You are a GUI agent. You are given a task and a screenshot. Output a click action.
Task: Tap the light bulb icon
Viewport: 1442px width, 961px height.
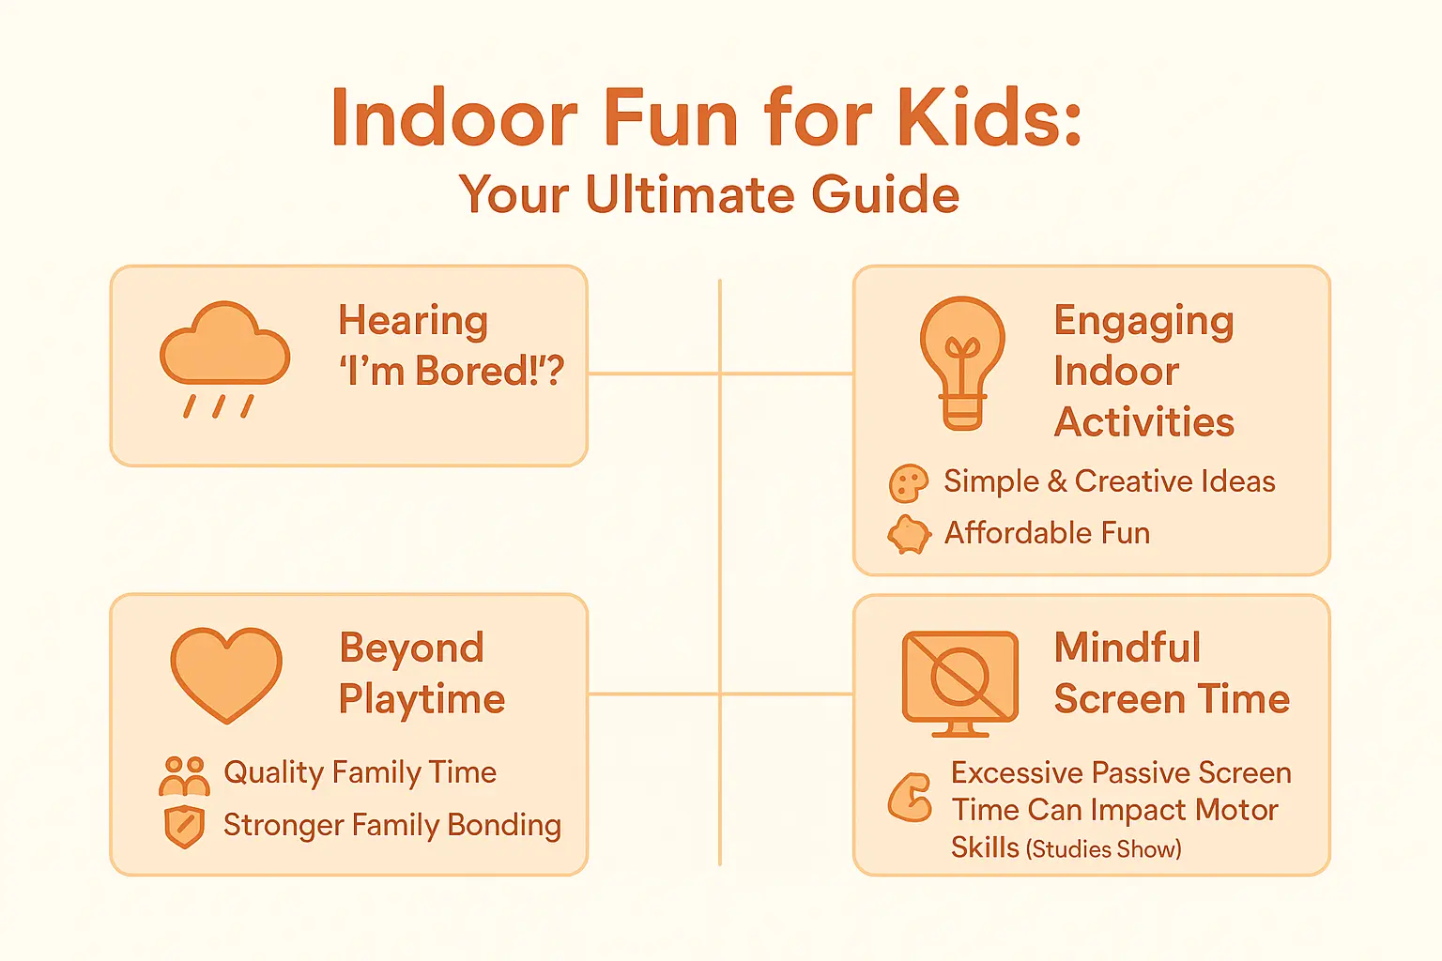[962, 361]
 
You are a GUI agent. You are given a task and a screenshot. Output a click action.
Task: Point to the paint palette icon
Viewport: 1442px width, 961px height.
[908, 483]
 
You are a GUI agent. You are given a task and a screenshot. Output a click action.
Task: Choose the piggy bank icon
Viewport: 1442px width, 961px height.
[909, 534]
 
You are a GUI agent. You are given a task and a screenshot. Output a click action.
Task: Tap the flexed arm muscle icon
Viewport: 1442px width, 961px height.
[910, 798]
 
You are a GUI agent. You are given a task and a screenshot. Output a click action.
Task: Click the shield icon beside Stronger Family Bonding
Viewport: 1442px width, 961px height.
[184, 826]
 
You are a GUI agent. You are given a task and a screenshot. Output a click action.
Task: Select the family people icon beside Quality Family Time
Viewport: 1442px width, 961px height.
[184, 775]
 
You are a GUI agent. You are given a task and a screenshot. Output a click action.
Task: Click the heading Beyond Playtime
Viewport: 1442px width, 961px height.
[421, 673]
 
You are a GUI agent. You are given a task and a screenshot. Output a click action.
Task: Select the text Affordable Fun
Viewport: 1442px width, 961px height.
[1047, 533]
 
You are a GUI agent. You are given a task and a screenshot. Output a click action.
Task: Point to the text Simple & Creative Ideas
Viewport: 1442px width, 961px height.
[1109, 481]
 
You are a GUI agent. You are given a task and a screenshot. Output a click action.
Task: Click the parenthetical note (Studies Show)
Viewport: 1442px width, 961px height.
[1103, 849]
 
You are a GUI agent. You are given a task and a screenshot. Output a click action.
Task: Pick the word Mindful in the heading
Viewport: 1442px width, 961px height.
[1127, 648]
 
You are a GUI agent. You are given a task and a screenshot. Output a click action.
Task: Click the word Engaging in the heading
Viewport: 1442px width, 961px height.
[1143, 322]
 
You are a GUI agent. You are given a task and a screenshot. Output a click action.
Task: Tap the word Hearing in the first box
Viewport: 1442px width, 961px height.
[413, 322]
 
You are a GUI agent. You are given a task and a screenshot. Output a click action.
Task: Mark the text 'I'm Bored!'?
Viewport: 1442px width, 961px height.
[451, 372]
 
